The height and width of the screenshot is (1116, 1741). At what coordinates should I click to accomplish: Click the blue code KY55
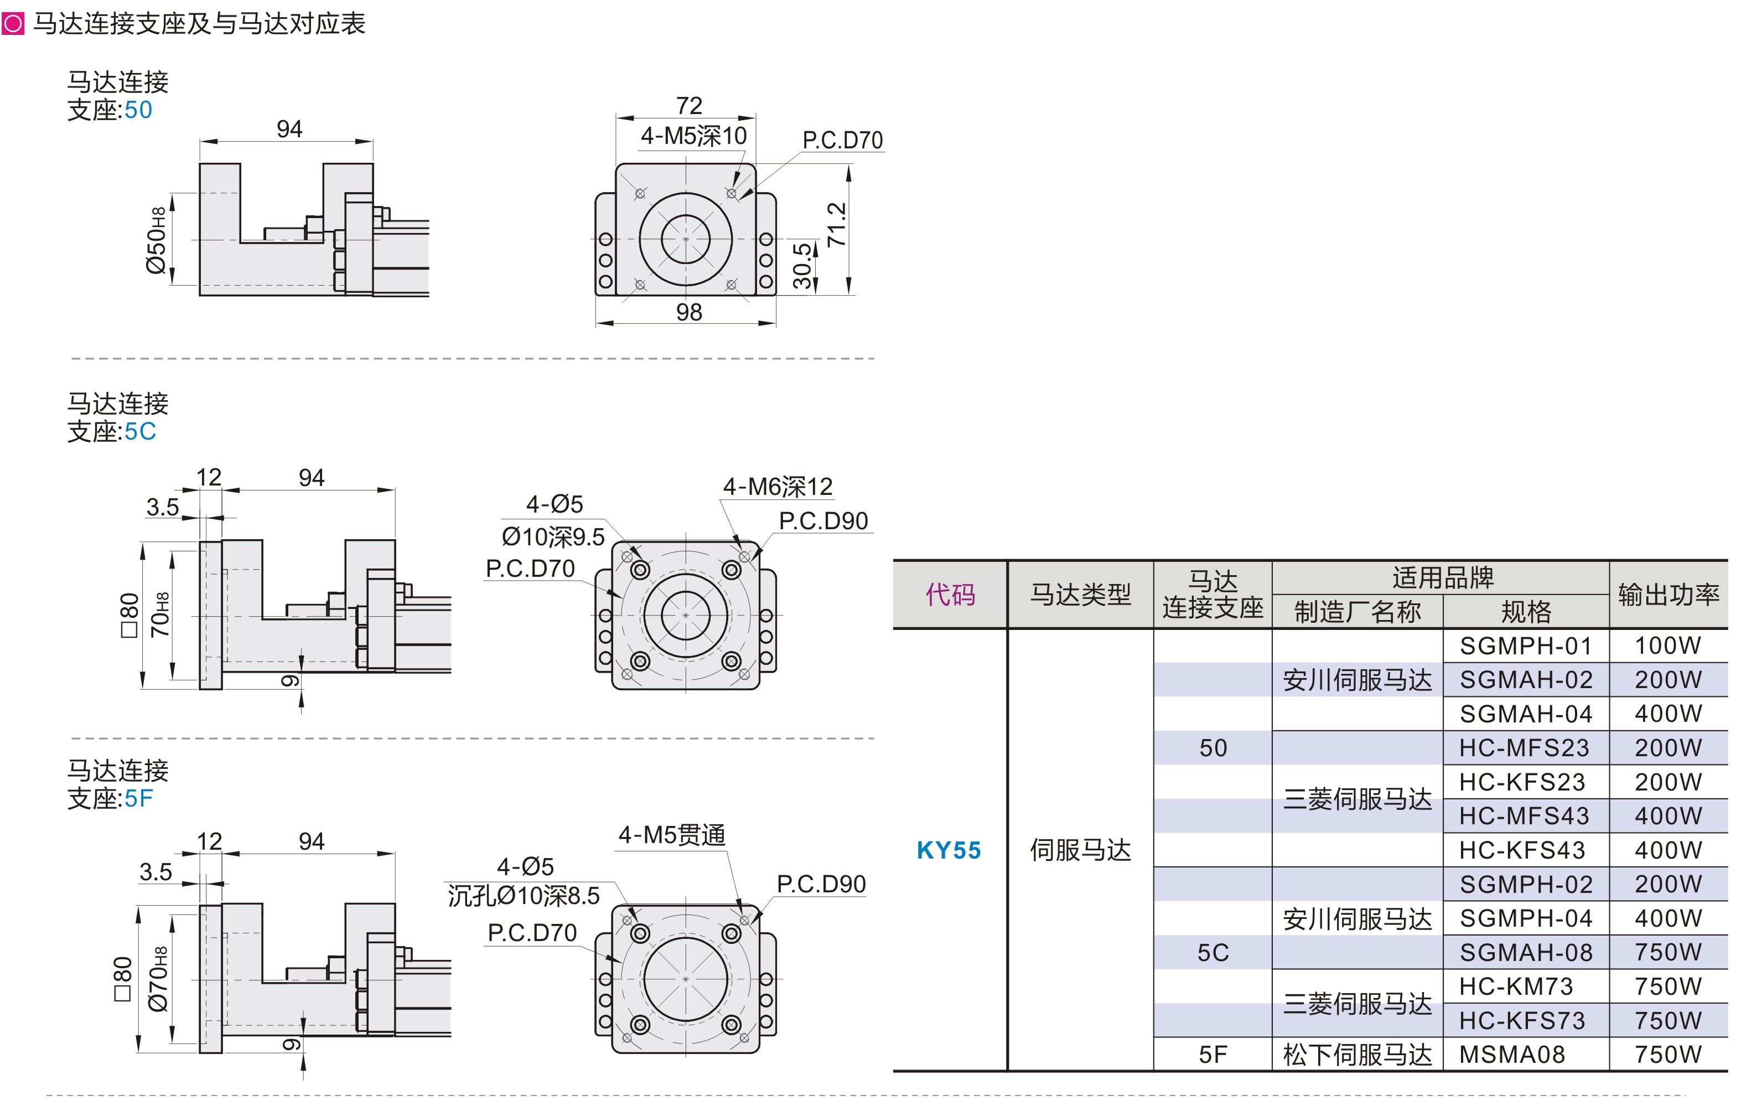pyautogui.click(x=949, y=850)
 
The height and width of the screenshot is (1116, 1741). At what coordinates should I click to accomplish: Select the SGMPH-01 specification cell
pyautogui.click(x=1526, y=645)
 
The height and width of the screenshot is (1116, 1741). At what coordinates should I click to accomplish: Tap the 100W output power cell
pyautogui.click(x=1668, y=645)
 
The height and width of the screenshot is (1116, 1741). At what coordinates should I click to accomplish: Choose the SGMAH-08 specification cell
pyautogui.click(x=1526, y=952)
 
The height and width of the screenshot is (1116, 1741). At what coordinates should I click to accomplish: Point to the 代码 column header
pyautogui.click(x=950, y=594)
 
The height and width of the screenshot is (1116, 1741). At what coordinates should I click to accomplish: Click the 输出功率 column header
pyautogui.click(x=1669, y=594)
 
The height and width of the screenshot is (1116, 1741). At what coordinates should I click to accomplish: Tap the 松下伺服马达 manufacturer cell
pyautogui.click(x=1357, y=1055)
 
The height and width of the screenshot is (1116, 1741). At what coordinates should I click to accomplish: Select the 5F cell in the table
pyautogui.click(x=1213, y=1055)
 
